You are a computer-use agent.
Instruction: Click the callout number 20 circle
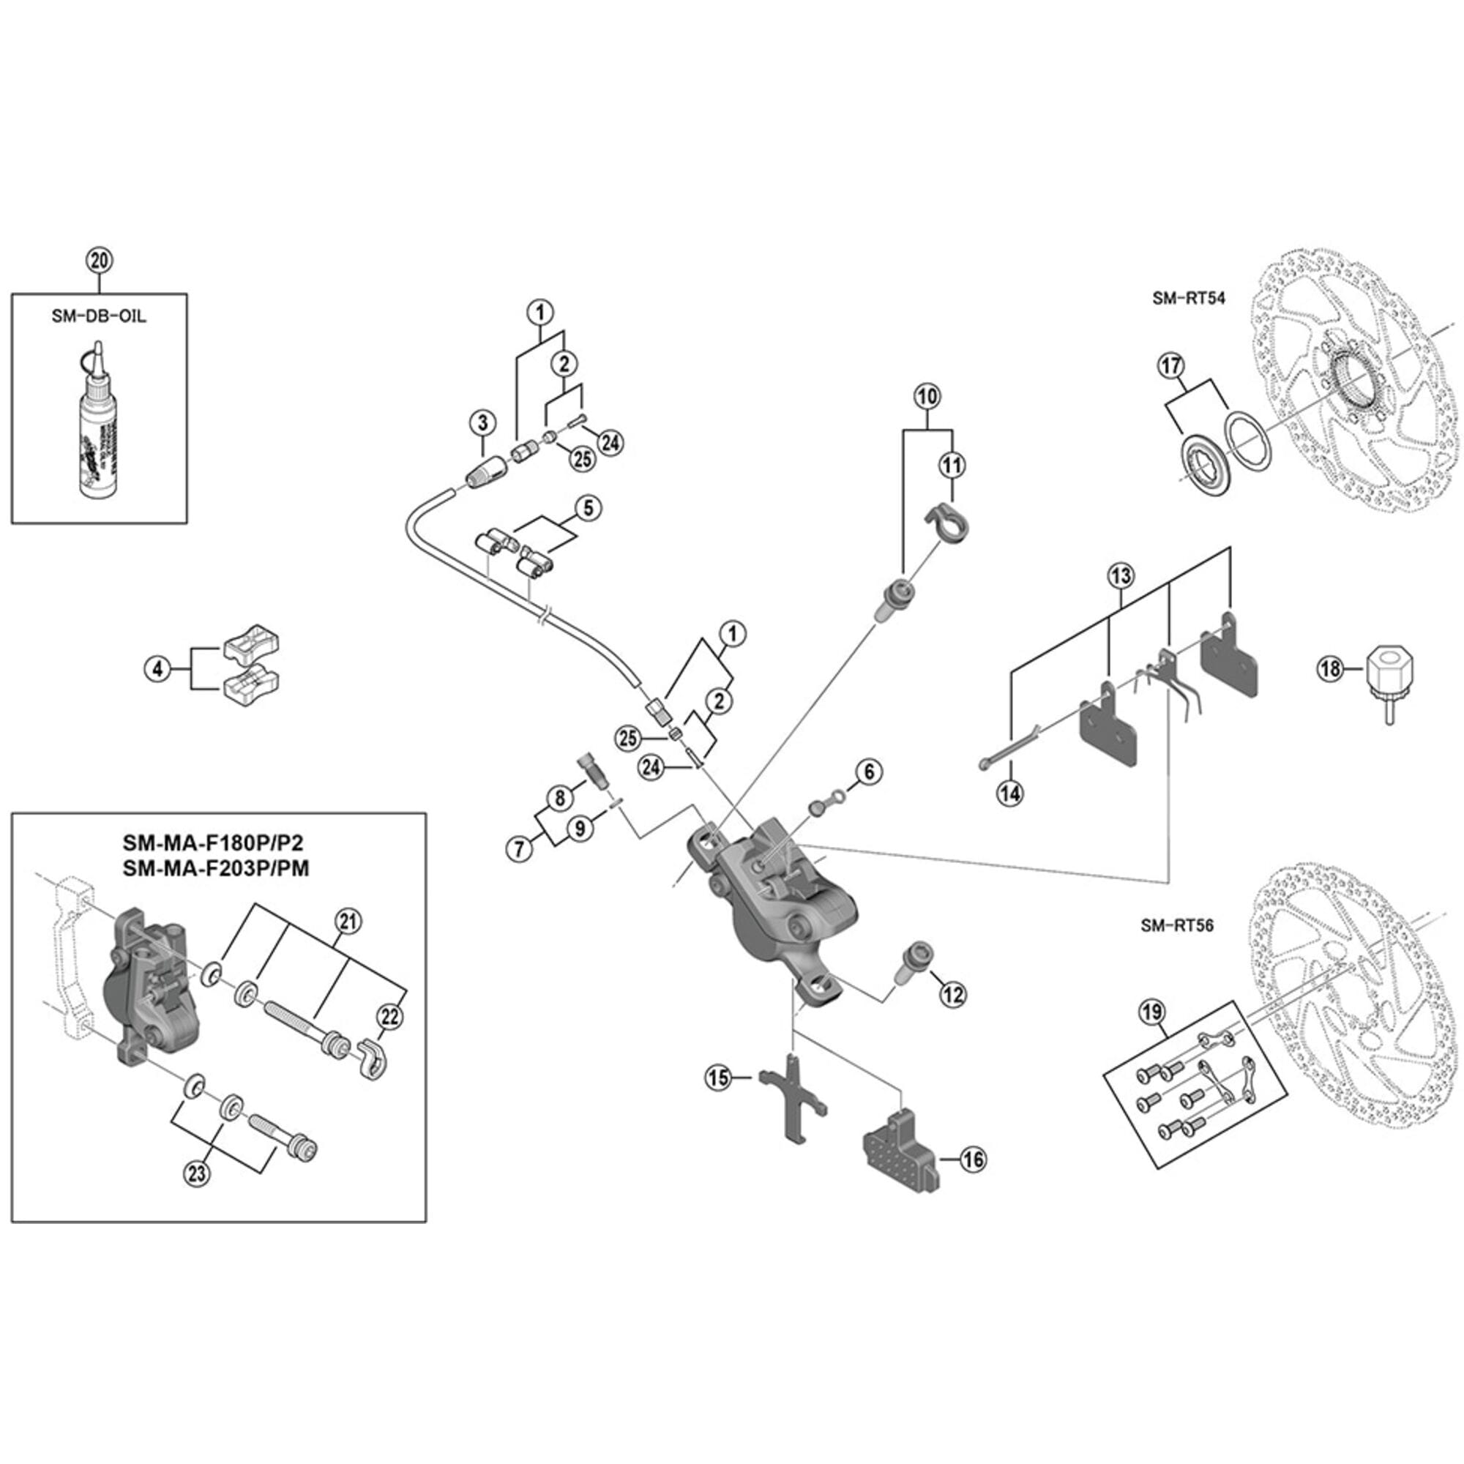coord(100,261)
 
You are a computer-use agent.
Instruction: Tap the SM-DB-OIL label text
coord(100,316)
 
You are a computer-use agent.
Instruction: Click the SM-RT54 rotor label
coord(1188,299)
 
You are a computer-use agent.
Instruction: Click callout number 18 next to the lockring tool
coord(1332,669)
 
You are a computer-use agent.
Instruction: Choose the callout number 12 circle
coord(952,993)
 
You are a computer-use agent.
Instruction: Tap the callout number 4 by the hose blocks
coord(157,669)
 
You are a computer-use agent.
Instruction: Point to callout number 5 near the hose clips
coord(588,509)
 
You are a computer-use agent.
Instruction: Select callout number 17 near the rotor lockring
coord(1170,367)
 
